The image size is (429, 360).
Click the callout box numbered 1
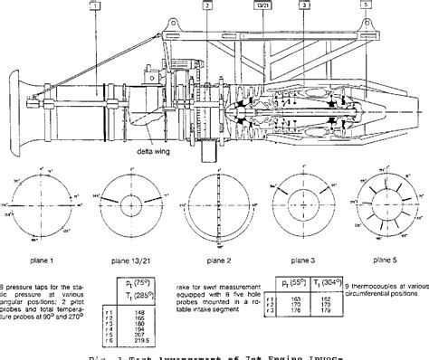click(95, 5)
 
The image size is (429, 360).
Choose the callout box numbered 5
click(365, 5)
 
